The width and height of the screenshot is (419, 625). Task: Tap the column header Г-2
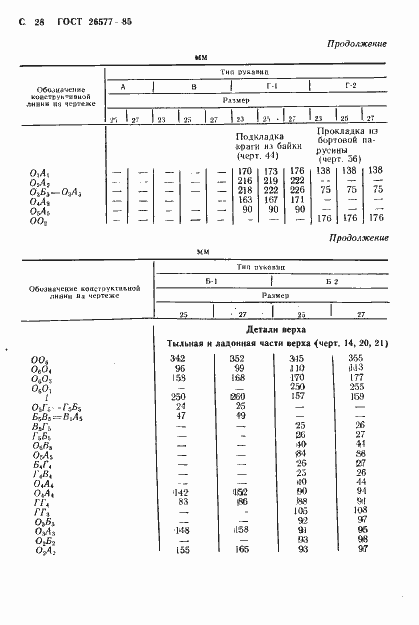pos(349,87)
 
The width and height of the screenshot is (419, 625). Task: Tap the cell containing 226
pos(293,190)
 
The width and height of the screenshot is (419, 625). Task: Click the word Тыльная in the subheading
pos(190,344)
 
